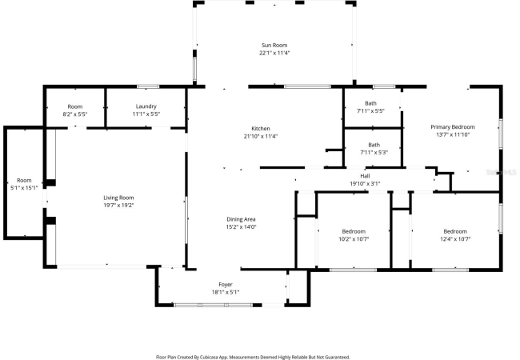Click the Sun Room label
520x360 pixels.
(x=274, y=45)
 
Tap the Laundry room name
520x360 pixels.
(x=146, y=106)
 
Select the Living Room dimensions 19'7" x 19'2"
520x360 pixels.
(x=118, y=205)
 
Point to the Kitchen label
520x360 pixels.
(x=261, y=129)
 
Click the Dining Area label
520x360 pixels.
(x=241, y=219)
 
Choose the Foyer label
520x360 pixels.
(x=226, y=285)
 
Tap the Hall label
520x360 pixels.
(x=365, y=176)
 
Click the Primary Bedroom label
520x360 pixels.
(x=453, y=127)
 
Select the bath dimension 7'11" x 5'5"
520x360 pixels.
(x=370, y=111)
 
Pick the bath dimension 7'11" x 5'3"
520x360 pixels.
(x=374, y=153)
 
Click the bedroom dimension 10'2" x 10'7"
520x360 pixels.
(x=354, y=239)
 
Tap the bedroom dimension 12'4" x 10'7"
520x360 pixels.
(x=455, y=239)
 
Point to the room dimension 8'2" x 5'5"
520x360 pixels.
(x=75, y=114)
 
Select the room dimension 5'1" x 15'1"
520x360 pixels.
(x=24, y=188)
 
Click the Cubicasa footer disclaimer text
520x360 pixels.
(x=253, y=357)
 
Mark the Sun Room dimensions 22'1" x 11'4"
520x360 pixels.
(x=274, y=53)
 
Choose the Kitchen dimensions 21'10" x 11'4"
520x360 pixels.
(x=261, y=136)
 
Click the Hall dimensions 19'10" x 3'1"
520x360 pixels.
(x=365, y=184)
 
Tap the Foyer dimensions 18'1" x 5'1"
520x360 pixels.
(x=226, y=292)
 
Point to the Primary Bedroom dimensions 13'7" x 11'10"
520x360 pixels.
(x=453, y=134)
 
